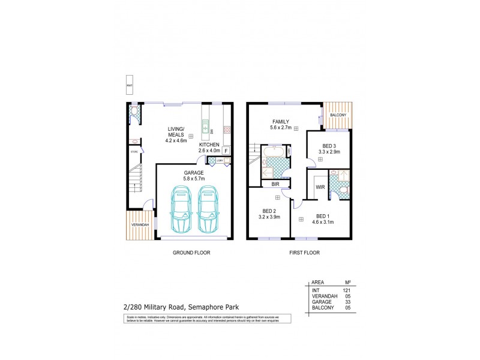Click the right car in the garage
(208, 209)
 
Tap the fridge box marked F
(226, 151)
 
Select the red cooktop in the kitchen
(227, 129)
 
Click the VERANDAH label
(138, 226)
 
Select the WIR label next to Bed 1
(320, 187)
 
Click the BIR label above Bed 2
(275, 185)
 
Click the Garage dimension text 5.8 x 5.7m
(194, 178)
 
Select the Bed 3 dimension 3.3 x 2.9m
(329, 152)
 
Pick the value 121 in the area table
(346, 290)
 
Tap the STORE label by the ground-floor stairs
(134, 152)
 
